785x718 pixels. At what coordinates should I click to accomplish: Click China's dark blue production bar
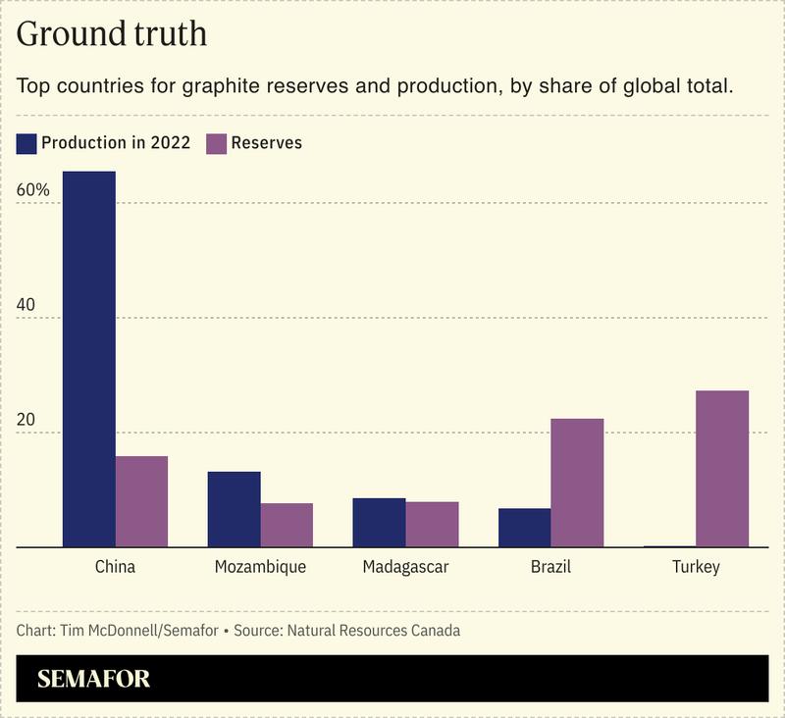click(89, 359)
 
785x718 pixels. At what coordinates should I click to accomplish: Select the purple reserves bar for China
click(141, 501)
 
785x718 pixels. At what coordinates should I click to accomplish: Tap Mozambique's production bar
click(234, 509)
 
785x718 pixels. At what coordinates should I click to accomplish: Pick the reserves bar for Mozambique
click(287, 525)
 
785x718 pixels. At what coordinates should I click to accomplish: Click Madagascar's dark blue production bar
click(379, 522)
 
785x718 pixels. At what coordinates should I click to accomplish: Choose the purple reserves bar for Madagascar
click(432, 524)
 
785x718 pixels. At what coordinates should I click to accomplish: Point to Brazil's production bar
click(524, 528)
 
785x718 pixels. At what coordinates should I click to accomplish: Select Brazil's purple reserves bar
click(577, 483)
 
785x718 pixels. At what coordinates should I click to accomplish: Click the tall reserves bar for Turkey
click(722, 468)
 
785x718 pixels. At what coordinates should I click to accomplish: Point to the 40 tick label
click(26, 305)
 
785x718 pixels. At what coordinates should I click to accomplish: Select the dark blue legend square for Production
click(26, 143)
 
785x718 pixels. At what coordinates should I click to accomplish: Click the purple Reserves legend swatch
click(215, 143)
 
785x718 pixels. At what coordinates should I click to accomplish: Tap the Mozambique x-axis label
click(260, 567)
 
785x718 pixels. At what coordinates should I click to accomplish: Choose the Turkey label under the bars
click(696, 567)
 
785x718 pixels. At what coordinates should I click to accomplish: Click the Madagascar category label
click(405, 567)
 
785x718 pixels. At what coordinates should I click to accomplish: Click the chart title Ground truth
click(112, 34)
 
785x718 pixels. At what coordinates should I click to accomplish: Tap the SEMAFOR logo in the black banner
click(94, 679)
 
